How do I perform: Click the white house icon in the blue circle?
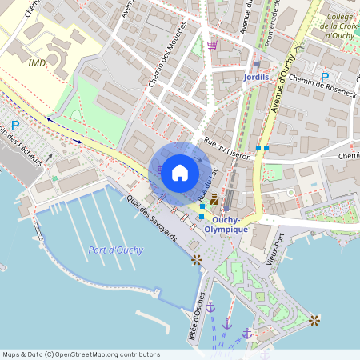coord(179,173)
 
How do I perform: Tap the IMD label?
coord(37,62)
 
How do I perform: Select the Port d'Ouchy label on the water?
coord(116,250)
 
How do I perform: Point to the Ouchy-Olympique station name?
coord(225,224)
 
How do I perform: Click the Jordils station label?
coord(257,78)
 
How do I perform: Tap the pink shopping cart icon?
coord(212,45)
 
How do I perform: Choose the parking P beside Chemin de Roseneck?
coord(324,78)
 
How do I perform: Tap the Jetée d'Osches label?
coord(196,316)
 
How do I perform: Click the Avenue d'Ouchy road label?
coord(284,84)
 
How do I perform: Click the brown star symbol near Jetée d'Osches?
coord(196,259)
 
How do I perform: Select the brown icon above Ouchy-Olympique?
coord(214,202)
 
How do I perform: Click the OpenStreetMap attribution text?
coord(81,354)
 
